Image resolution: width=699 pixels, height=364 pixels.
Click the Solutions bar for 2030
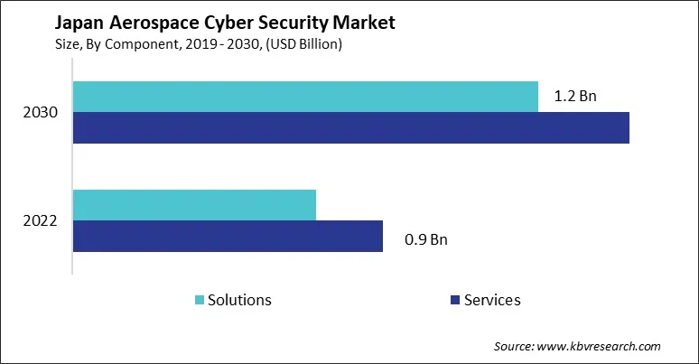point(305,97)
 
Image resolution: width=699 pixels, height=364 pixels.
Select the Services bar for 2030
point(350,128)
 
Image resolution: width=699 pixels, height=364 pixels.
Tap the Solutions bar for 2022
point(194,205)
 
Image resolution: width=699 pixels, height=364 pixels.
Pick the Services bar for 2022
point(228,236)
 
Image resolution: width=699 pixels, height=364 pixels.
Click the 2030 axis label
point(42,113)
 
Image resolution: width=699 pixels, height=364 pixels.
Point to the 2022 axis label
point(42,220)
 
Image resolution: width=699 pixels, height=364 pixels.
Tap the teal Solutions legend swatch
point(198,300)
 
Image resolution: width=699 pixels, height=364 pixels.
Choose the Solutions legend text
point(239,300)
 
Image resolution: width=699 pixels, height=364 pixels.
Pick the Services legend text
point(492,300)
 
